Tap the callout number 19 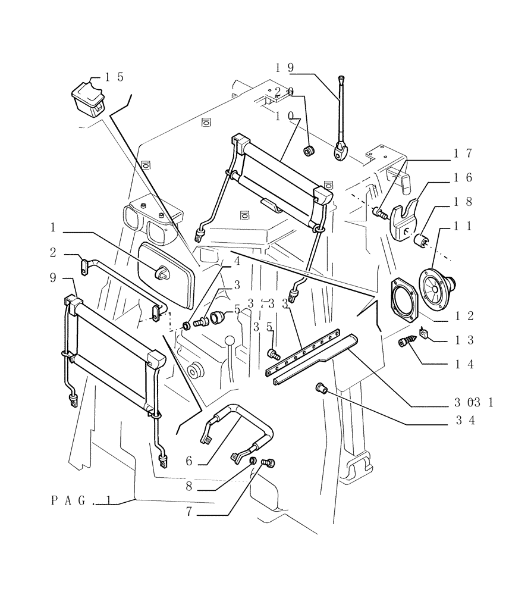click(x=285, y=67)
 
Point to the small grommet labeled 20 click(x=309, y=151)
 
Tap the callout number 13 click(x=464, y=340)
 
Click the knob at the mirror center click(x=161, y=273)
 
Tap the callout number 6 click(x=190, y=461)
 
